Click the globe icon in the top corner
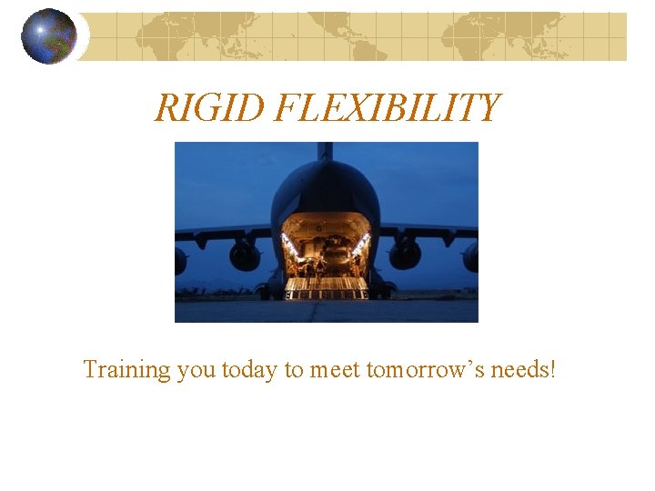click(49, 36)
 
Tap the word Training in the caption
click(126, 370)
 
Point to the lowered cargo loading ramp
click(326, 289)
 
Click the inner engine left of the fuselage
click(245, 256)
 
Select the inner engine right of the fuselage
click(405, 255)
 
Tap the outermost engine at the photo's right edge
click(471, 257)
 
